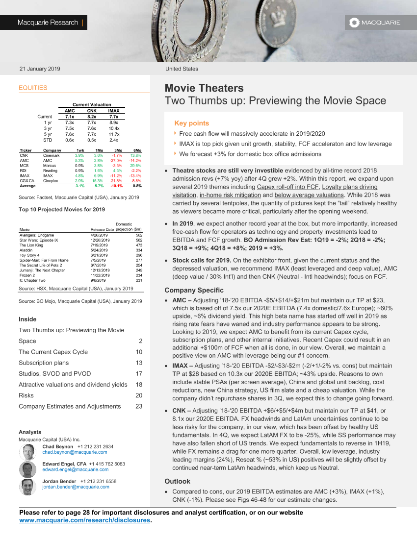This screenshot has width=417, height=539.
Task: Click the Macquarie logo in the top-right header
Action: [x=375, y=22]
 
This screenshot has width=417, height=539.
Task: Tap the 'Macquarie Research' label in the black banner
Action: [x=48, y=23]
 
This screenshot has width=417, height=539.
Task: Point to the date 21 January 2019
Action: [x=40, y=69]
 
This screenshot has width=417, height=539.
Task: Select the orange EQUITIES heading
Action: [x=33, y=88]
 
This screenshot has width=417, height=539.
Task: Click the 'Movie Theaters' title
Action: [x=204, y=88]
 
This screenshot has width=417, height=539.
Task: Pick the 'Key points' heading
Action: [x=192, y=123]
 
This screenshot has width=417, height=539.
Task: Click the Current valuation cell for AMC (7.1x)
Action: [x=70, y=117]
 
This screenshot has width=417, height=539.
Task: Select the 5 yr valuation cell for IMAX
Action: [x=114, y=134]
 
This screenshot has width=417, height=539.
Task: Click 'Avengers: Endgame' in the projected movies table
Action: [x=37, y=235]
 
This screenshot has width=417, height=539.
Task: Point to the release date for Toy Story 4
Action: [x=99, y=255]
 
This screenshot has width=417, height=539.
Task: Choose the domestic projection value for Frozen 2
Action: [x=139, y=275]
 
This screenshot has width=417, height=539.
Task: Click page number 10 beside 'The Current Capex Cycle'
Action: [x=139, y=352]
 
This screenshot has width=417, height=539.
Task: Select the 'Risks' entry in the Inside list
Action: [x=26, y=395]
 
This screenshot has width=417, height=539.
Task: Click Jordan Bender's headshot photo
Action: [x=27, y=487]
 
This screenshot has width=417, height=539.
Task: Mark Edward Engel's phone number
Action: [x=107, y=464]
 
